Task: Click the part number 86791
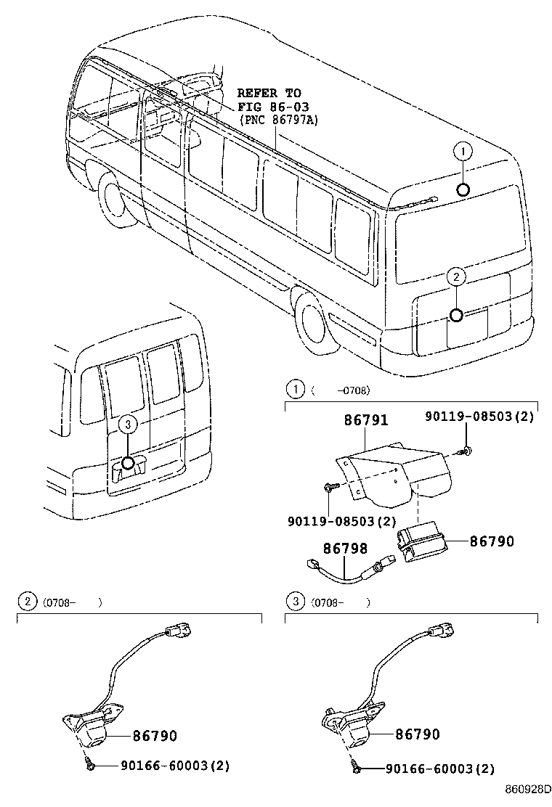point(365,421)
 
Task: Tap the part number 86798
point(345,549)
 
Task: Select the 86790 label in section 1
point(491,541)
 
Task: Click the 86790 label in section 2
point(155,735)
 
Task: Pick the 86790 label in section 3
point(418,734)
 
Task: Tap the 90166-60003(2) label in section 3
point(439,769)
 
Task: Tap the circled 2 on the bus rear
point(455,276)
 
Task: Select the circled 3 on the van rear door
point(127,425)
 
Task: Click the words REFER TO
point(269,94)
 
